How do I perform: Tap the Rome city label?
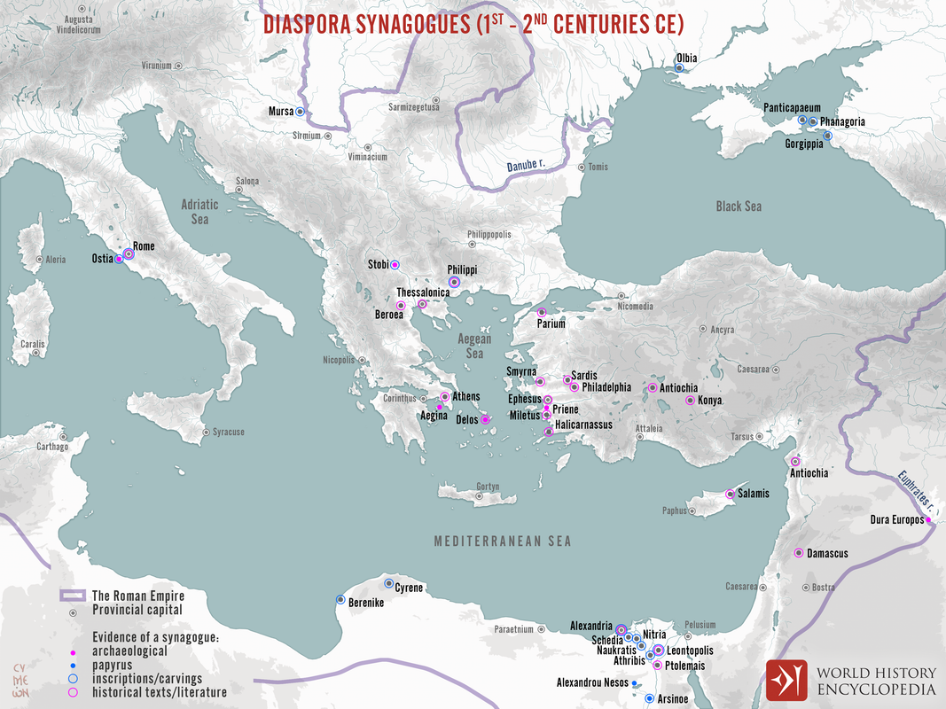pyautogui.click(x=144, y=246)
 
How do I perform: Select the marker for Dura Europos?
pyautogui.click(x=928, y=520)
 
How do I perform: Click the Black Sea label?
pyautogui.click(x=739, y=206)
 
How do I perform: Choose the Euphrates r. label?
pyautogui.click(x=913, y=489)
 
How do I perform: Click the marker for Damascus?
pyautogui.click(x=797, y=554)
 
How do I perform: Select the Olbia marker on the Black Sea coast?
pyautogui.click(x=680, y=69)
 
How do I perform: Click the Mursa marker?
pyautogui.click(x=300, y=112)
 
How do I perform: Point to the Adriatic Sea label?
pyautogui.click(x=199, y=211)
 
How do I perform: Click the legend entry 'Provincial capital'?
pyautogui.click(x=137, y=610)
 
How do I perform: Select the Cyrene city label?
pyautogui.click(x=409, y=588)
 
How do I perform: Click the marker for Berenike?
pyautogui.click(x=340, y=600)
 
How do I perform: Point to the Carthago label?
pyautogui.click(x=51, y=447)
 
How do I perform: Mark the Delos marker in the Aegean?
pyautogui.click(x=485, y=420)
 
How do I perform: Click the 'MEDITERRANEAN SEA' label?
pyautogui.click(x=502, y=541)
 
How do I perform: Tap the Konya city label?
pyautogui.click(x=710, y=401)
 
